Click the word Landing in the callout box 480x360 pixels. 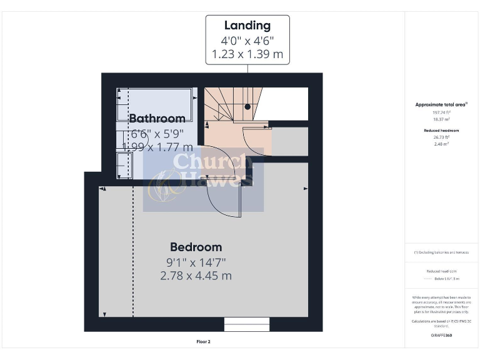[247, 26]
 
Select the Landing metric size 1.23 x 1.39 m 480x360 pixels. [247, 54]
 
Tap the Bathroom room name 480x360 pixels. [157, 118]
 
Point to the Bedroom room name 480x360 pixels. [196, 247]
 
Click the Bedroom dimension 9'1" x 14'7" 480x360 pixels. [196, 262]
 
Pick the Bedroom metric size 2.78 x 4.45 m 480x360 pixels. [196, 276]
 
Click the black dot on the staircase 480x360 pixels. [247, 107]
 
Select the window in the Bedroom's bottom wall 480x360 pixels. [247, 324]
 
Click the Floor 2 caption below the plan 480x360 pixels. [203, 342]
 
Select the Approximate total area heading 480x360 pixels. [442, 104]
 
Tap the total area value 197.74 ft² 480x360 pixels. [442, 112]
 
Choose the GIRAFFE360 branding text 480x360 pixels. [442, 336]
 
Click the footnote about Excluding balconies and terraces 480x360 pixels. [442, 252]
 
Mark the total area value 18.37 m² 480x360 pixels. [442, 118]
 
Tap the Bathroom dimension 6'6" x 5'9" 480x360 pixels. [157, 133]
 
